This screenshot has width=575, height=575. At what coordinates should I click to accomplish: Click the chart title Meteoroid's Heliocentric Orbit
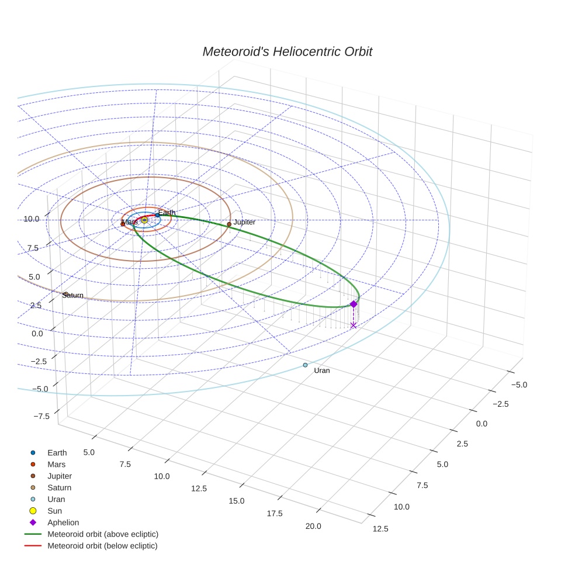[287, 52]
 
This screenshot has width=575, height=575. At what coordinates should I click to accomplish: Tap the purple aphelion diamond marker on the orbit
[353, 304]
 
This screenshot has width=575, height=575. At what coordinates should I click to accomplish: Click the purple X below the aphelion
[353, 325]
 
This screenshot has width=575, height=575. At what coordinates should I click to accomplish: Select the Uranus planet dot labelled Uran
[305, 365]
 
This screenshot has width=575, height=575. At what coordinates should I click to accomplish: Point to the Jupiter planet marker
[229, 224]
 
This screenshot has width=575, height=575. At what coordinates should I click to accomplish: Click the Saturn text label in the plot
[74, 296]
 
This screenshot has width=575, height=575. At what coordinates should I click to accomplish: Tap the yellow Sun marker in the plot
[144, 220]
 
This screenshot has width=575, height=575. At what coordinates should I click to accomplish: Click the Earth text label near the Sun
[167, 213]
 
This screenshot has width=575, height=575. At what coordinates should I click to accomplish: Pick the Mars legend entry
[56, 464]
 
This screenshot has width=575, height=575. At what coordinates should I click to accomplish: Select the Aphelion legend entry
[63, 522]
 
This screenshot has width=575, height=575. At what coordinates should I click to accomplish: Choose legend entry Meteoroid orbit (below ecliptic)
[102, 546]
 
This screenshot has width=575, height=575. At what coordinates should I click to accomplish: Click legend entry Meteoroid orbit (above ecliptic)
[102, 534]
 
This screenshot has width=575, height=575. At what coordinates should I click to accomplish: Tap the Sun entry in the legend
[54, 511]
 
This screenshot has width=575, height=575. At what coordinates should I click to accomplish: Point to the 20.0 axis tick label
[313, 526]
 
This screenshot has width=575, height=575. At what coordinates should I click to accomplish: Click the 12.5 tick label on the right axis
[380, 529]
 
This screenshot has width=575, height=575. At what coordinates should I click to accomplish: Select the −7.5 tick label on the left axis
[42, 416]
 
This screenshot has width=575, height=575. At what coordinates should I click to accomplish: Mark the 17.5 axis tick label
[275, 513]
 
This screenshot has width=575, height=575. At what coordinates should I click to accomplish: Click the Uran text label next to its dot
[321, 371]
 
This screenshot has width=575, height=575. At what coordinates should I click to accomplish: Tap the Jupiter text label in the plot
[244, 223]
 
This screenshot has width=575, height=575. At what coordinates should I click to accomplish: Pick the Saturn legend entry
[59, 487]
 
